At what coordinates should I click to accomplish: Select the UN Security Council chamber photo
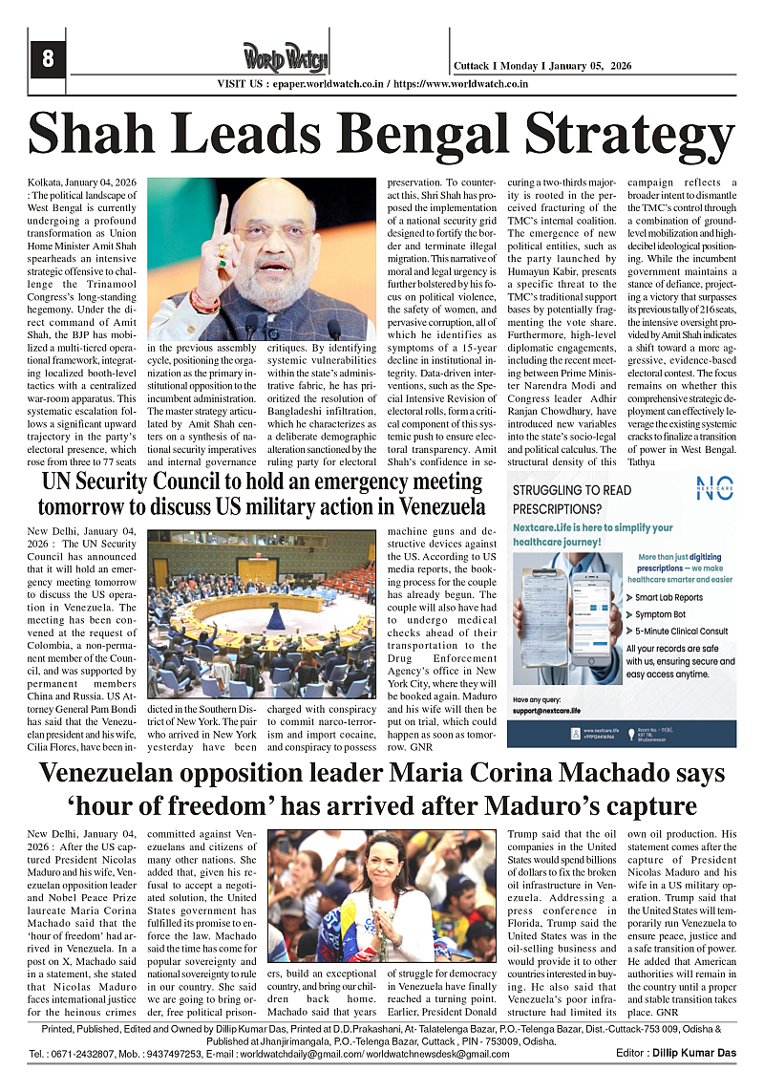262,614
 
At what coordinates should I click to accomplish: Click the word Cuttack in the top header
475,66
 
